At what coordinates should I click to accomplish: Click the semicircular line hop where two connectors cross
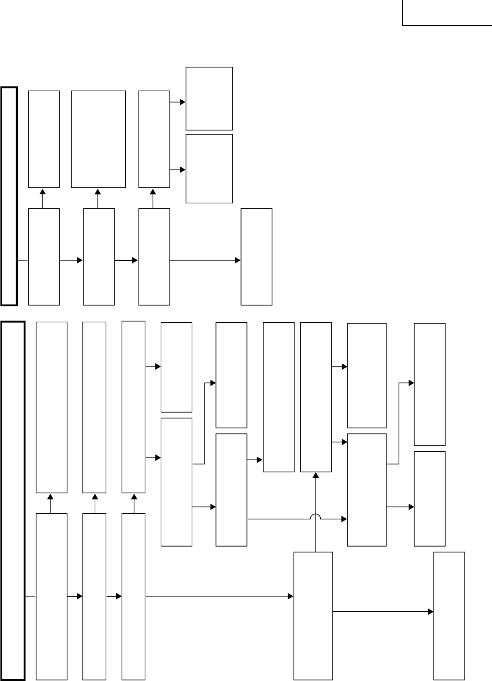[x=316, y=516]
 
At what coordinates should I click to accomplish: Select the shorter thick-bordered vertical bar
[x=9, y=196]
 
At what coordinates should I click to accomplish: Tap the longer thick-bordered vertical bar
[x=13, y=501]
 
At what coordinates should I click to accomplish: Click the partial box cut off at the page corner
[x=446, y=13]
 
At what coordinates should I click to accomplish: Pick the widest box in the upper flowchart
[x=98, y=139]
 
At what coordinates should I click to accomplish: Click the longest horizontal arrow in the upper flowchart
[x=205, y=260]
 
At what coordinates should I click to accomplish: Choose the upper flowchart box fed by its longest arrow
[x=256, y=257]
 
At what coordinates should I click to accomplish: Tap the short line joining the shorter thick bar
[x=23, y=260]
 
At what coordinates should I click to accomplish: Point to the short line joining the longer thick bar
[x=31, y=596]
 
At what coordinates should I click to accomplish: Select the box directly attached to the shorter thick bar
[x=44, y=257]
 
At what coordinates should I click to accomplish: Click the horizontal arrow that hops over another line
[x=296, y=519]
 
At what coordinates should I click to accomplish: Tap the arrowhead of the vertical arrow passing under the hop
[x=316, y=475]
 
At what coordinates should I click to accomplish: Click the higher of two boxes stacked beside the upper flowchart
[x=209, y=98]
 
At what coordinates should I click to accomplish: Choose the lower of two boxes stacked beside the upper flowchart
[x=209, y=169]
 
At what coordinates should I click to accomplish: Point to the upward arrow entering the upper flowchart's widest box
[x=98, y=198]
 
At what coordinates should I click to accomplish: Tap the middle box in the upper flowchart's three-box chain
[x=99, y=257]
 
